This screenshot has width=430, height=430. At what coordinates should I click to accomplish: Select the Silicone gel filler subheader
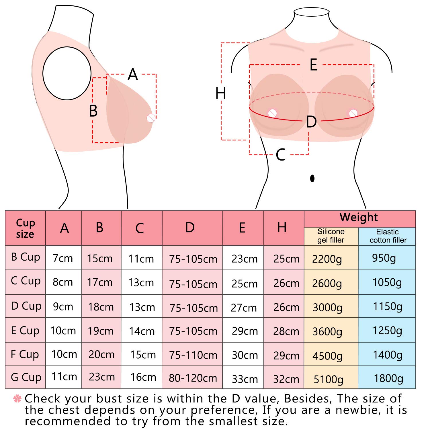[331, 236]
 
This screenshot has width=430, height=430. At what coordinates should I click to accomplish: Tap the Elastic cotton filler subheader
[388, 236]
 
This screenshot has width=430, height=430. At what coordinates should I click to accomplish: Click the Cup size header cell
[25, 228]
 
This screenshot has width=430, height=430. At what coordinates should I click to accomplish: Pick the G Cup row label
[26, 377]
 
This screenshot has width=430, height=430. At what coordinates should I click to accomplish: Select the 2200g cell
[327, 259]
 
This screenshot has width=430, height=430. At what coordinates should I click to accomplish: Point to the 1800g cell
[388, 378]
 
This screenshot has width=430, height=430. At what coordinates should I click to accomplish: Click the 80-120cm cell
[193, 378]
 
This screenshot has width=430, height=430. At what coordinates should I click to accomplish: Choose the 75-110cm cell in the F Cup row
[193, 355]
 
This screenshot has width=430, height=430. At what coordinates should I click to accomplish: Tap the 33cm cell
[245, 379]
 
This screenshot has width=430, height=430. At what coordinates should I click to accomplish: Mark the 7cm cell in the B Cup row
[63, 258]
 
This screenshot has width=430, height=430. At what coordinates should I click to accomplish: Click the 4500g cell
[327, 356]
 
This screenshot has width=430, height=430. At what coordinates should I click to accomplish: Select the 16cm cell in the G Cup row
[143, 377]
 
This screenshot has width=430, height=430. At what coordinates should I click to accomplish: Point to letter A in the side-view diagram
[133, 75]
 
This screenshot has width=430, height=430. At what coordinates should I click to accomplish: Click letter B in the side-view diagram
[93, 111]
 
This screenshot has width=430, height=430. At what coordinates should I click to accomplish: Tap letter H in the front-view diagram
[221, 93]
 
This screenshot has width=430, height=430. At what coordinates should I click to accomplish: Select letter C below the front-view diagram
[281, 155]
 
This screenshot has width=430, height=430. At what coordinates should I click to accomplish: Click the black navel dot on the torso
[312, 178]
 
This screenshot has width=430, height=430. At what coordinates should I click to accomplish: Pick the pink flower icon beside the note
[17, 398]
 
